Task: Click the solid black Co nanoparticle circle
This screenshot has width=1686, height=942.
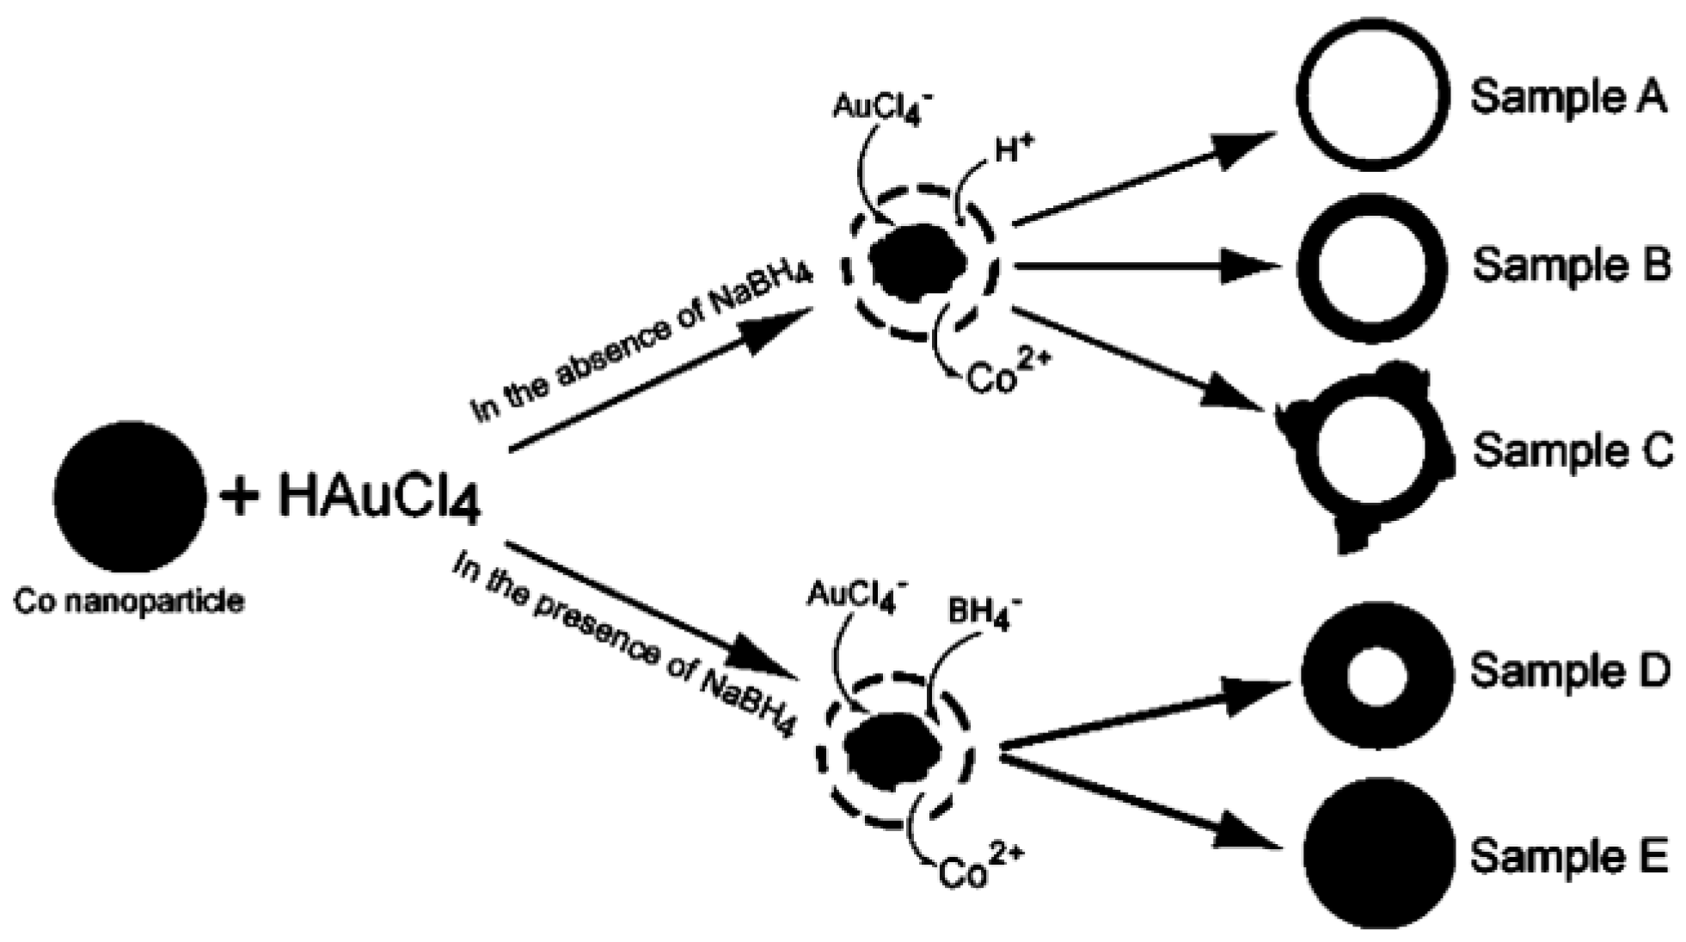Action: click(129, 496)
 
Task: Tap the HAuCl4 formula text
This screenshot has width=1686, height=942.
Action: click(379, 499)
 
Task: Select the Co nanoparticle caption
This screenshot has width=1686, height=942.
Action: click(129, 601)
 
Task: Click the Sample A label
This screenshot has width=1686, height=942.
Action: click(1568, 96)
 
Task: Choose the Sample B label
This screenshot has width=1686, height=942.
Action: click(1572, 264)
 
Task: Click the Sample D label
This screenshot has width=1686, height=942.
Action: click(1570, 670)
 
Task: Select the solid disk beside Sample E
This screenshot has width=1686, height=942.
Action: click(1378, 853)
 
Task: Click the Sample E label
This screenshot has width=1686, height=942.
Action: click(1568, 856)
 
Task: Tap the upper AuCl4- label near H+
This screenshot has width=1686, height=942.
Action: click(881, 107)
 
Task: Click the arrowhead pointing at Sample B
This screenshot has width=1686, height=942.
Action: click(1251, 266)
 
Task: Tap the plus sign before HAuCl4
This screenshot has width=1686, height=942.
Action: click(240, 497)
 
